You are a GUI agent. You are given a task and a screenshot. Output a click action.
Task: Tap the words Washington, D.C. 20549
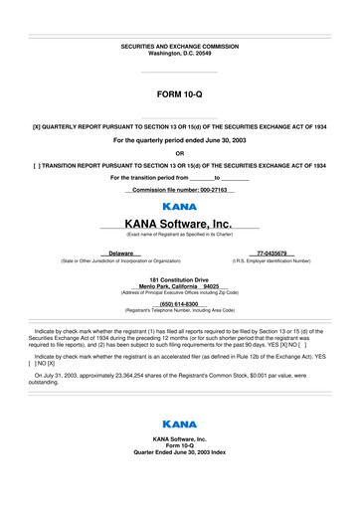coord(180,54)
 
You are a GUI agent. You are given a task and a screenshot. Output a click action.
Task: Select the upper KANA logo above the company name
coord(180,206)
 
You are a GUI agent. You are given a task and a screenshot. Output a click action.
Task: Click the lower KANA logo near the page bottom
coord(180,424)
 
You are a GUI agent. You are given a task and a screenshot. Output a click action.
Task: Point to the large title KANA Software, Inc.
coord(180,224)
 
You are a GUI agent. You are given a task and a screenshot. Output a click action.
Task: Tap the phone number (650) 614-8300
coord(180,304)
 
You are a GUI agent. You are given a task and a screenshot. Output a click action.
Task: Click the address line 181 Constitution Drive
coord(180,279)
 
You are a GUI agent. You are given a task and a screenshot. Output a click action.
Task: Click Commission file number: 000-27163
coord(180,190)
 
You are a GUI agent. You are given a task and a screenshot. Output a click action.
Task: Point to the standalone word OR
coord(180,153)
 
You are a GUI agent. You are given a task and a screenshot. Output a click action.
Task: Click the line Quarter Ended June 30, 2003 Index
coord(180,451)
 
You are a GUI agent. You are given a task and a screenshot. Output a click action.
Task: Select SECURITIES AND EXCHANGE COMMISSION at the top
coord(180,47)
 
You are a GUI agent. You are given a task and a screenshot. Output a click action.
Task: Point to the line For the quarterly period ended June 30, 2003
coord(180,141)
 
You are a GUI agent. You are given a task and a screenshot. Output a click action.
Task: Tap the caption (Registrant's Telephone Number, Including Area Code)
coord(180,311)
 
